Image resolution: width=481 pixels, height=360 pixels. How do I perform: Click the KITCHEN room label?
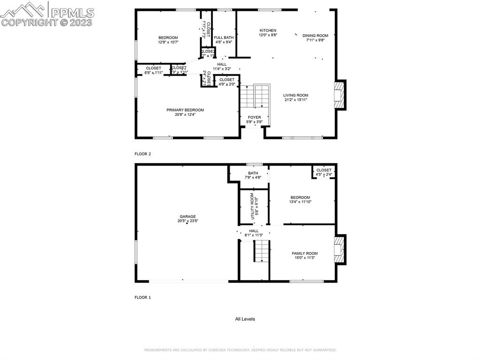pyautogui.click(x=268, y=31)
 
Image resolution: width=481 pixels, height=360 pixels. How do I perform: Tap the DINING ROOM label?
pyautogui.click(x=315, y=35)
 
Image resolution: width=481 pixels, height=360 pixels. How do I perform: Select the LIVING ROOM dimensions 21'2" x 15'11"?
pyautogui.click(x=295, y=100)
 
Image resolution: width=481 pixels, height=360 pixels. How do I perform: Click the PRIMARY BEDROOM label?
pyautogui.click(x=185, y=110)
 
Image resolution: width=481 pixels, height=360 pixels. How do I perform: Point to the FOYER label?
pyautogui.click(x=254, y=117)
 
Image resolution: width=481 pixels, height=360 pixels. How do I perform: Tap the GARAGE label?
pyautogui.click(x=187, y=216)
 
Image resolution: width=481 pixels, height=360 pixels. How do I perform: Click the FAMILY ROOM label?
pyautogui.click(x=304, y=253)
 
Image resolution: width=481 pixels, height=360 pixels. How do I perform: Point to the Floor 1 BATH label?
pyautogui.click(x=253, y=173)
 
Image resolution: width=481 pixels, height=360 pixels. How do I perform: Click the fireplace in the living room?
pyautogui.click(x=339, y=95)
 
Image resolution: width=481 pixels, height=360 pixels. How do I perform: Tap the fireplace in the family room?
pyautogui.click(x=339, y=249)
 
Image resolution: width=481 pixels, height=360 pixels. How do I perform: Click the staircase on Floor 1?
pyautogui.click(x=262, y=251)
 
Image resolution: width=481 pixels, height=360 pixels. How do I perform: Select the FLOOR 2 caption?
pyautogui.click(x=143, y=154)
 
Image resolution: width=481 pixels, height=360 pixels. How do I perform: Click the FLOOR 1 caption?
pyautogui.click(x=143, y=298)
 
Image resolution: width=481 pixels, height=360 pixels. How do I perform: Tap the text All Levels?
pyautogui.click(x=245, y=319)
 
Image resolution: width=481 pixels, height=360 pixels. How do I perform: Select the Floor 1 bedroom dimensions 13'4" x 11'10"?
pyautogui.click(x=300, y=202)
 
